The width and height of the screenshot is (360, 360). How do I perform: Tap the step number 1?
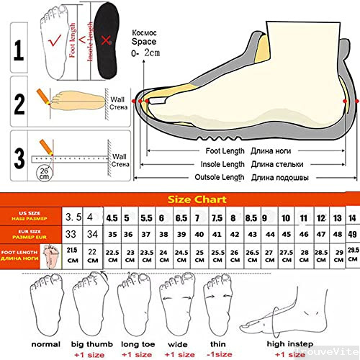click(18, 50)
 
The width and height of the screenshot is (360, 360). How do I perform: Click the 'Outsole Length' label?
click(223, 177)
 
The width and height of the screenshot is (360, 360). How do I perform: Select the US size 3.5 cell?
click(72, 217)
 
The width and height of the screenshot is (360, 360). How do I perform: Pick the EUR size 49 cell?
click(352, 234)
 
